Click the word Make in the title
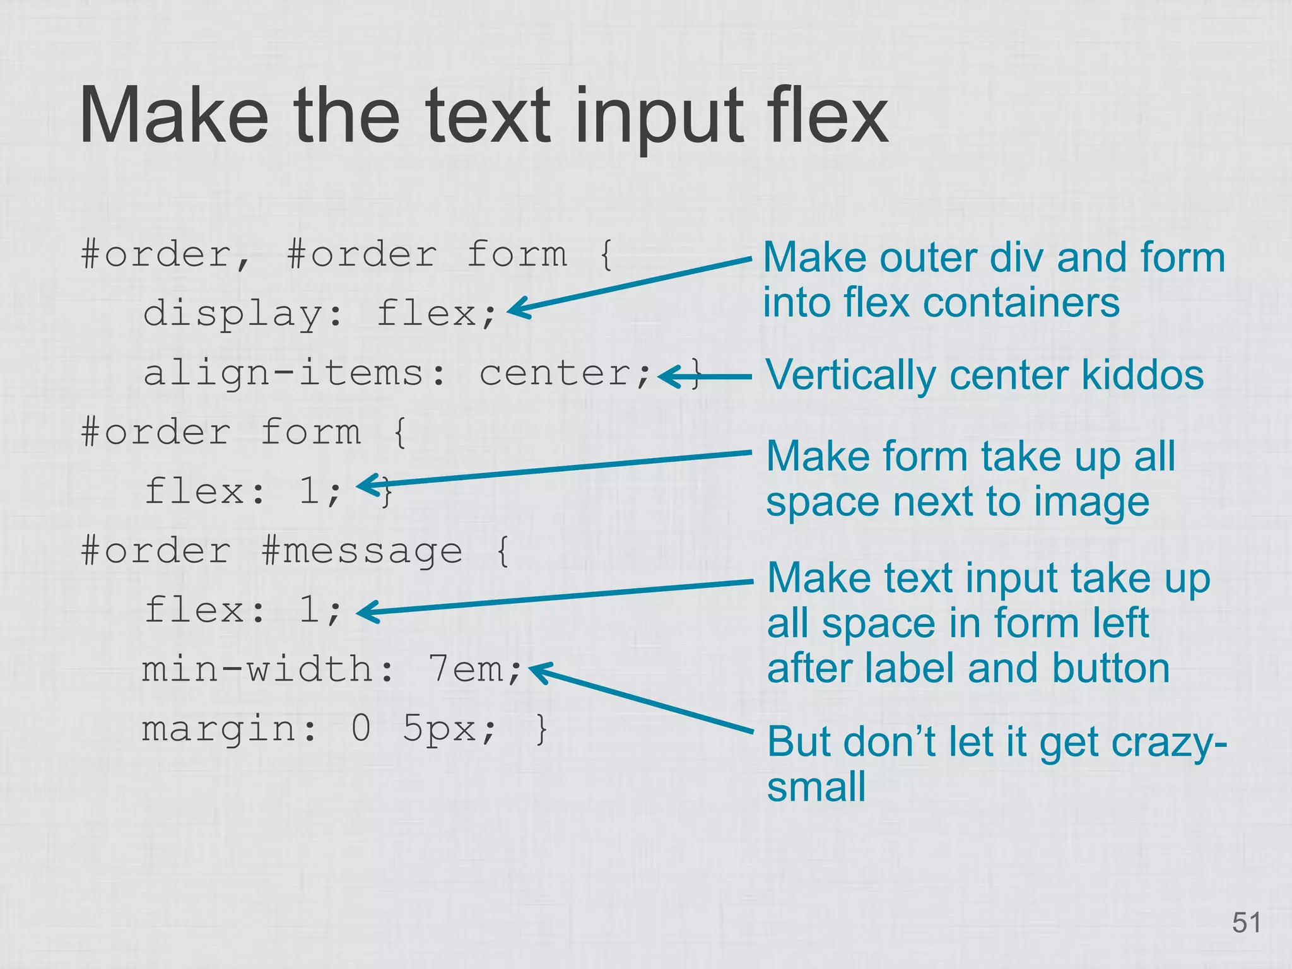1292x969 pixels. pos(173,117)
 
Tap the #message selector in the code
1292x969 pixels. pos(361,551)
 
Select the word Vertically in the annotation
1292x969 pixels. pos(851,376)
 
